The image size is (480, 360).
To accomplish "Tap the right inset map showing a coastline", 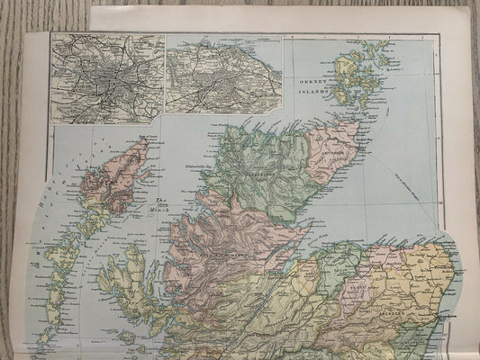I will pos(223,79).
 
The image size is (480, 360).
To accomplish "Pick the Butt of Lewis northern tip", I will pos(142,142).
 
